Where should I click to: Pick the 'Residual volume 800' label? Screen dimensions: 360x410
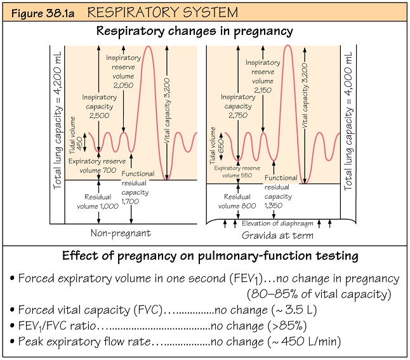[237, 201]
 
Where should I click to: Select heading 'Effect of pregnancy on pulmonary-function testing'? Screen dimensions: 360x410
[204, 257]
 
